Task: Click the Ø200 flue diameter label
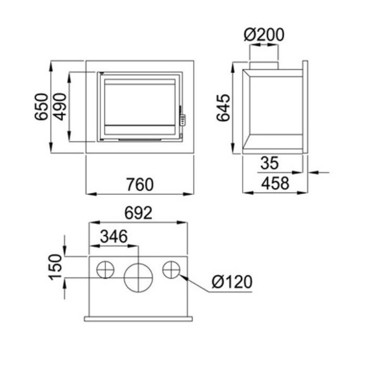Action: (x=264, y=35)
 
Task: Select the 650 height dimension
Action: (x=42, y=107)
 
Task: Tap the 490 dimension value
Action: (x=60, y=107)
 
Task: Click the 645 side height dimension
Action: (x=224, y=108)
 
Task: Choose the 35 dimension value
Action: (x=269, y=164)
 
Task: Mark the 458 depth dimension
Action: (x=275, y=183)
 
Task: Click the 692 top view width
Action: (x=138, y=213)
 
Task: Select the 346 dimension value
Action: (x=113, y=236)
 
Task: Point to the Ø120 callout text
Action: (x=232, y=282)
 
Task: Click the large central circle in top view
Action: (x=138, y=276)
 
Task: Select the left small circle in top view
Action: (x=106, y=270)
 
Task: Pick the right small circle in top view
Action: (x=171, y=270)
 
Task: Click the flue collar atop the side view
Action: (x=263, y=64)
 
